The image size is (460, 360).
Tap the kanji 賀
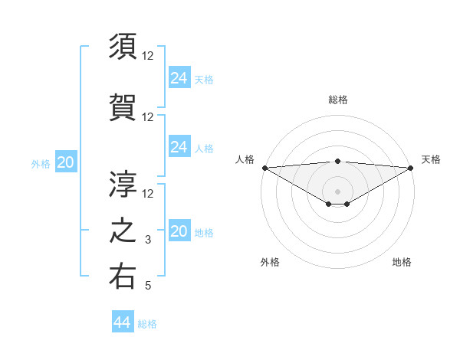click(x=123, y=106)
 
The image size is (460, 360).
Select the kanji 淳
click(x=123, y=183)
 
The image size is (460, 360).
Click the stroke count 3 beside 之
click(x=149, y=240)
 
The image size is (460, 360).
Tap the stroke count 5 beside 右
click(x=149, y=286)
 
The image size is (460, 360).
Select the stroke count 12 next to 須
click(x=149, y=56)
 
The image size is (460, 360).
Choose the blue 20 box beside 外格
click(x=66, y=162)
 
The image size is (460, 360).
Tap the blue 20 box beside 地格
click(x=179, y=232)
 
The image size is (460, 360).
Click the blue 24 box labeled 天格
click(x=179, y=78)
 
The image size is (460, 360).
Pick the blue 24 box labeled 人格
click(x=179, y=147)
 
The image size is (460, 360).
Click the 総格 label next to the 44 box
click(x=147, y=324)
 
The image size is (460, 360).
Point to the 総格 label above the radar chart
click(x=338, y=100)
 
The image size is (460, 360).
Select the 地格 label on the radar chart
click(x=402, y=262)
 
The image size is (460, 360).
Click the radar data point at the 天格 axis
click(x=410, y=168)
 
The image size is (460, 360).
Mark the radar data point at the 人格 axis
click(x=264, y=168)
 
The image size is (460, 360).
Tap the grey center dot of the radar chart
click(x=337, y=191)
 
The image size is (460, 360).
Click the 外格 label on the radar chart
click(x=270, y=262)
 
